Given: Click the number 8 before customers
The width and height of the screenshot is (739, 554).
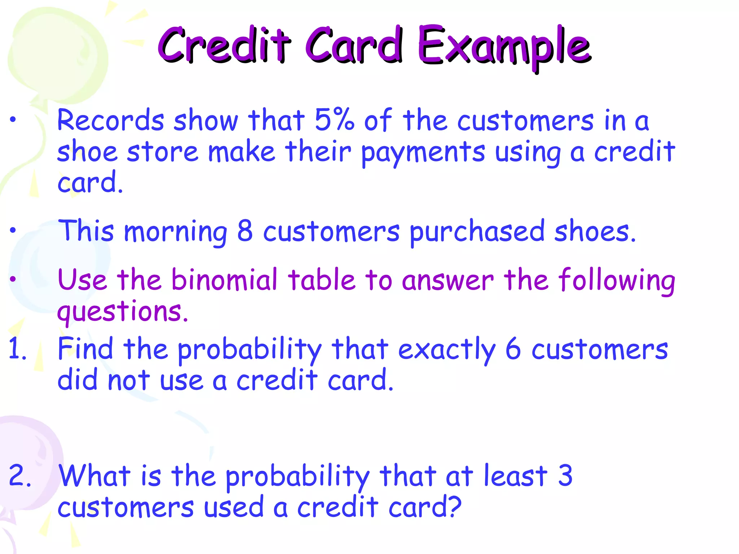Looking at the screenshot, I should (245, 231).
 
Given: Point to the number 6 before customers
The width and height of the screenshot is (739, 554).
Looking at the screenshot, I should (513, 349).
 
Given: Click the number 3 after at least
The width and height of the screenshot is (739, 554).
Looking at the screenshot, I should (565, 475).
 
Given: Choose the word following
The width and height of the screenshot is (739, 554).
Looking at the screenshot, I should (616, 281).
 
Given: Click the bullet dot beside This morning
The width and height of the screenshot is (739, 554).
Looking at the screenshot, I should (13, 230).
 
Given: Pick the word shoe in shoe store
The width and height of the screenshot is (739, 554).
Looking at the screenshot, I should (87, 152).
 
